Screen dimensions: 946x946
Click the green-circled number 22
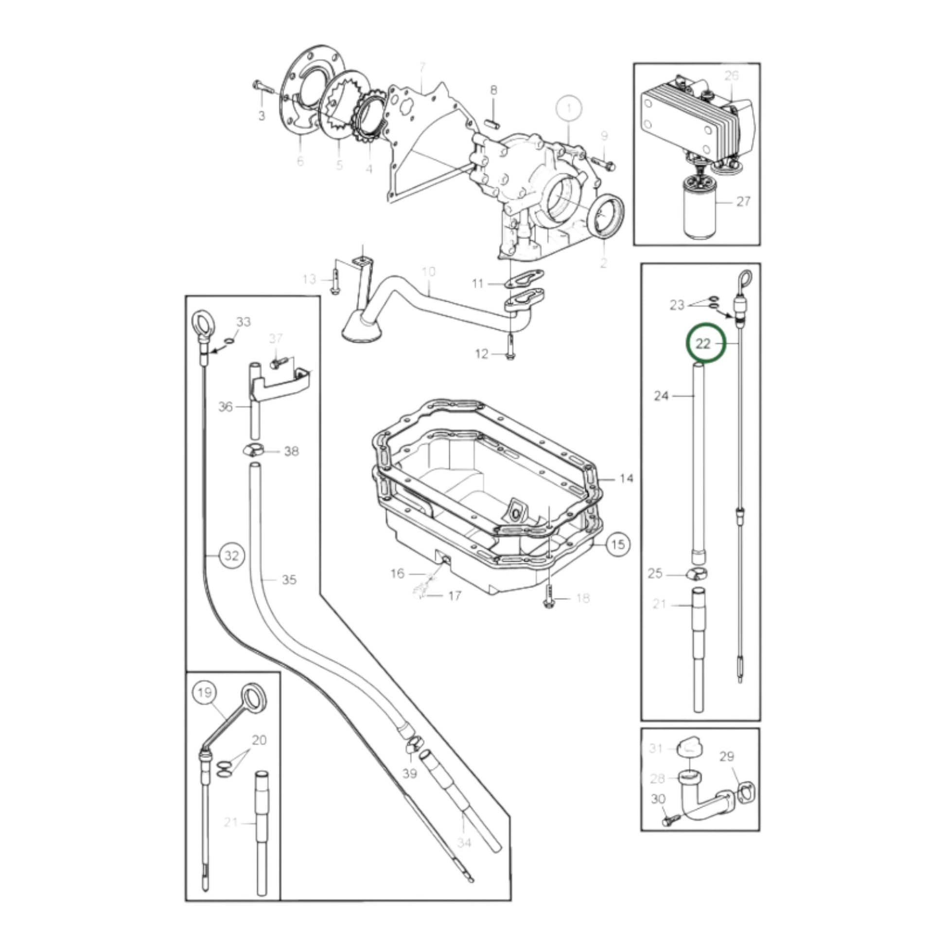703,344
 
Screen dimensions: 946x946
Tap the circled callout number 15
618,544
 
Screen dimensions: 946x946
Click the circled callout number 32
231,555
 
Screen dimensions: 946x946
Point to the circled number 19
205,692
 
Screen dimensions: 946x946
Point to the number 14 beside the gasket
626,478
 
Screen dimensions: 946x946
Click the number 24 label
661,395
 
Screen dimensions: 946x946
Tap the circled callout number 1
568,109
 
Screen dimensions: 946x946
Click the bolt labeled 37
277,364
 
